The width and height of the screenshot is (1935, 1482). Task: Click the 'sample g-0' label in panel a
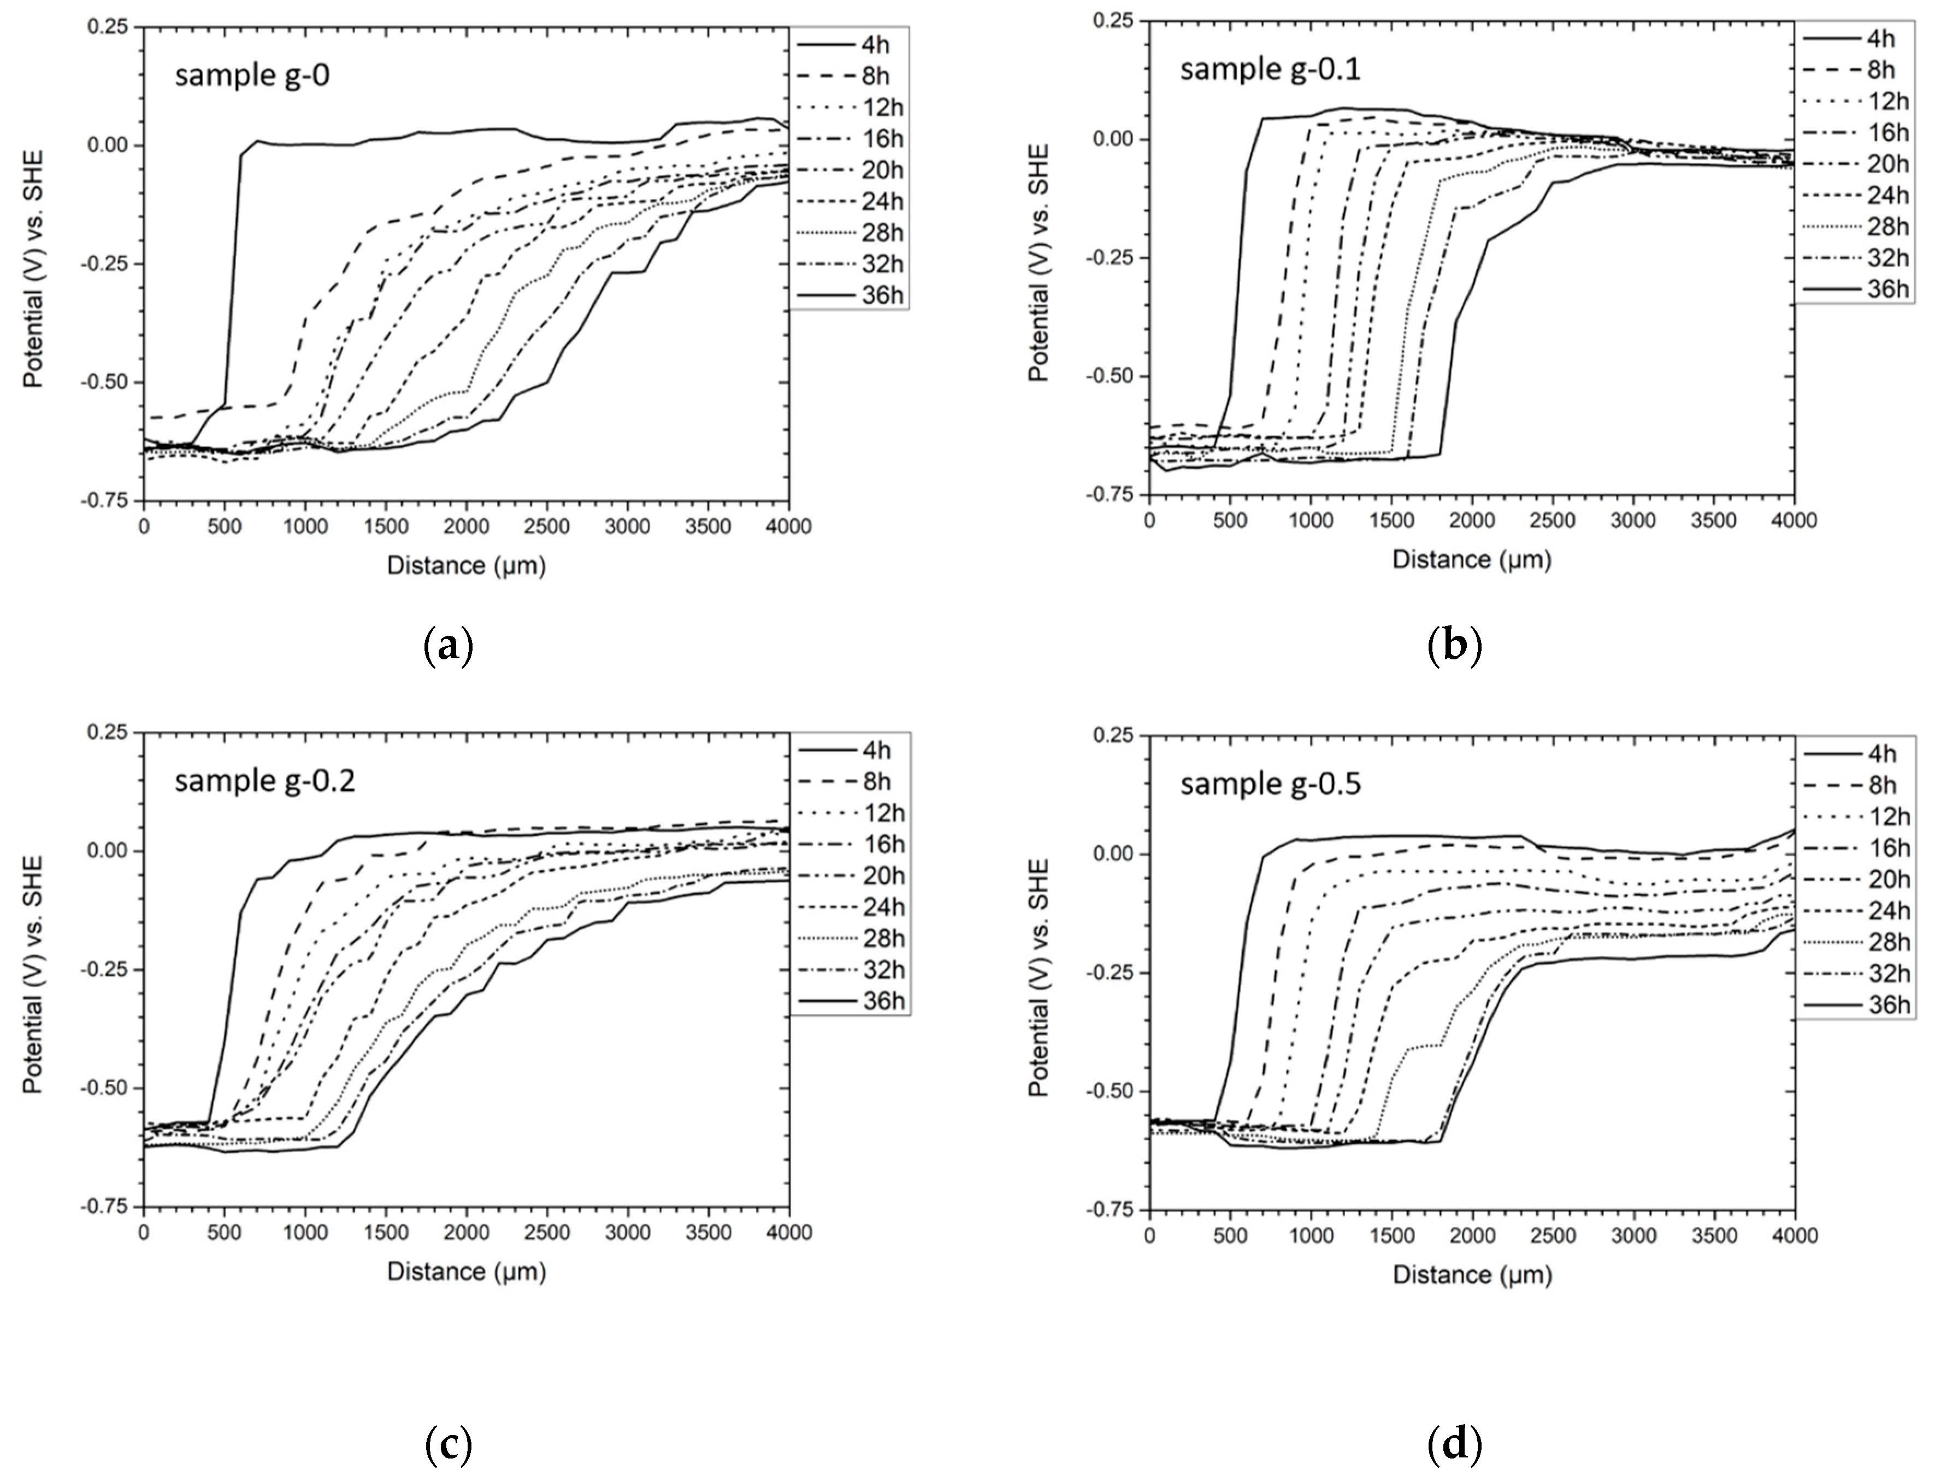pos(252,76)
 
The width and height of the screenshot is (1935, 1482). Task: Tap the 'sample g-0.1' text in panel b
pos(1270,69)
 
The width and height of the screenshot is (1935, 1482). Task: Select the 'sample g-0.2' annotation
pos(264,782)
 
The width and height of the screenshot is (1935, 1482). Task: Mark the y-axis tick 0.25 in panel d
pos(1113,736)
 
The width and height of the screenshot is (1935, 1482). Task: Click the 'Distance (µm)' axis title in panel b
pos(1471,559)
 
